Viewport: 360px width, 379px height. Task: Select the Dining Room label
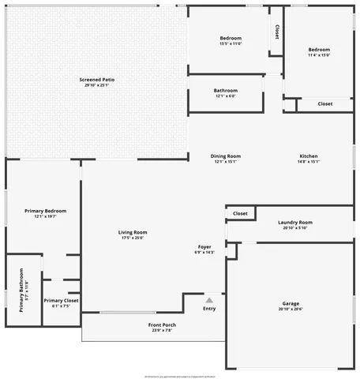coord(226,156)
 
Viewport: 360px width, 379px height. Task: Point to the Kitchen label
coord(308,156)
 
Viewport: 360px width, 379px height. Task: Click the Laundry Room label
coord(295,223)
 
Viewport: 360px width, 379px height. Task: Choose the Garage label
coord(291,303)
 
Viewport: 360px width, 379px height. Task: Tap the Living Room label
coord(133,232)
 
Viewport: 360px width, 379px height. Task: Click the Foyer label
coord(204,247)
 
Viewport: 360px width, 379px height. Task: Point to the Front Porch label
coord(162,325)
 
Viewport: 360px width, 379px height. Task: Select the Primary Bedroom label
coord(45,211)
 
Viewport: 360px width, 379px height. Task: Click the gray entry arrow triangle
coord(209,300)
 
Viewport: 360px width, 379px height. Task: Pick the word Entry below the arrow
coord(209,309)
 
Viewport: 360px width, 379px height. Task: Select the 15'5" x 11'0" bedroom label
coord(231,38)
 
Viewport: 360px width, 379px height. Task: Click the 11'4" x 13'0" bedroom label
coord(319,50)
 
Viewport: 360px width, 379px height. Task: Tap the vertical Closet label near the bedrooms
coord(276,31)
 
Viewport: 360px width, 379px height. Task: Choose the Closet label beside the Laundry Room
coord(241,213)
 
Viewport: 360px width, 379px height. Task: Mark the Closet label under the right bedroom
coord(325,103)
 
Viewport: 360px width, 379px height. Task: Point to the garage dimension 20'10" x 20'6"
coord(291,309)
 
